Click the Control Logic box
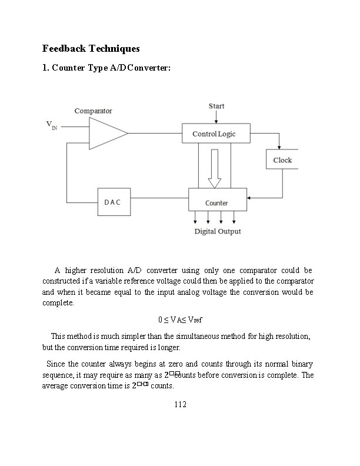click(x=215, y=134)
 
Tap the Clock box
click(x=282, y=160)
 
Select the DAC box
click(x=113, y=202)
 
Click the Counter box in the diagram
click(x=217, y=202)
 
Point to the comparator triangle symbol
click(x=106, y=133)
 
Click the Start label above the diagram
click(x=216, y=106)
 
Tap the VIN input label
click(x=52, y=125)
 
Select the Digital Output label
click(x=218, y=231)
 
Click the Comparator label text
click(x=93, y=111)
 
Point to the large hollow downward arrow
click(x=215, y=168)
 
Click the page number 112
click(x=180, y=404)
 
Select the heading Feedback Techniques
click(x=91, y=48)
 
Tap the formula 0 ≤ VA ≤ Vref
click(x=179, y=319)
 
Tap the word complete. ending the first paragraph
click(x=59, y=304)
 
